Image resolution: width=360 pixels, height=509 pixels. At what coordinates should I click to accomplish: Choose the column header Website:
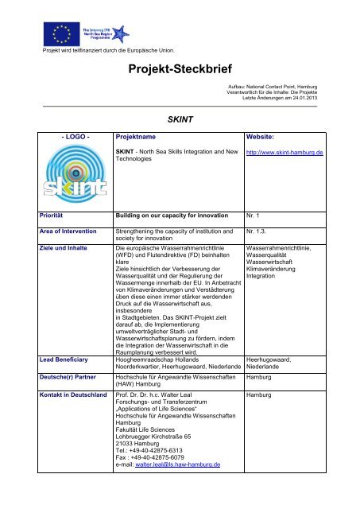point(262,137)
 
